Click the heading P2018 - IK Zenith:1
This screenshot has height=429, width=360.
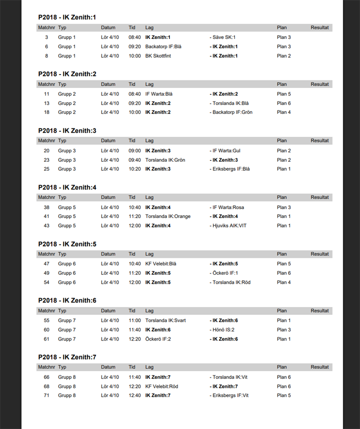tap(67, 17)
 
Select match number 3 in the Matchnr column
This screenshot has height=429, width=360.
tap(47, 38)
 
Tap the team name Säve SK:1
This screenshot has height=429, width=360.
tap(224, 38)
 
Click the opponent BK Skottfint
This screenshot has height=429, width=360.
tap(158, 56)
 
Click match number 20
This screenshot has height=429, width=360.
tap(47, 151)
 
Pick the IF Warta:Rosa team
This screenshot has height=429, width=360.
tap(228, 207)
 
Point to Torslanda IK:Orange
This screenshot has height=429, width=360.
tap(168, 216)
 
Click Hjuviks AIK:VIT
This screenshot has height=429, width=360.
tap(229, 226)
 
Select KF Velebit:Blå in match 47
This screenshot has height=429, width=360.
tap(161, 264)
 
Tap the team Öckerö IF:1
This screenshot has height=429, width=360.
tap(224, 273)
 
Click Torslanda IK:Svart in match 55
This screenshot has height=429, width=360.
tap(165, 320)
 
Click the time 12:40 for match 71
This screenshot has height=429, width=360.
tap(135, 395)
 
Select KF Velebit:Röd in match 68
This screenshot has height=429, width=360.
tap(161, 386)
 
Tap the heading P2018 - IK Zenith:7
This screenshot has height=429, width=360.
tap(67, 357)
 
